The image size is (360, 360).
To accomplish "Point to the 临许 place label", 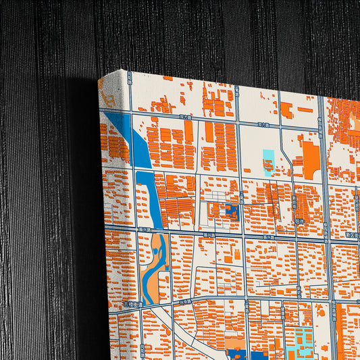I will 300,221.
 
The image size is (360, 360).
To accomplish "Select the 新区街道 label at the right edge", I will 352,234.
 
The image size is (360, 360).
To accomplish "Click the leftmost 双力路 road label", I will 185,117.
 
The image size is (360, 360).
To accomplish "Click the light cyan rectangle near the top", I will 268,162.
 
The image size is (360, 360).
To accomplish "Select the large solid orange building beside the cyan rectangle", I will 311,159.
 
